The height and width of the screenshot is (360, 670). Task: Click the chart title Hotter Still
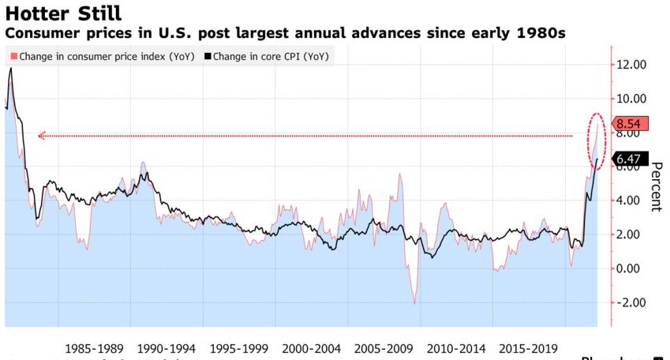(x=62, y=13)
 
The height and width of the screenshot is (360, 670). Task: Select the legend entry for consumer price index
(x=102, y=56)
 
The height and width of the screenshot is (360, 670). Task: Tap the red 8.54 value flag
(x=631, y=123)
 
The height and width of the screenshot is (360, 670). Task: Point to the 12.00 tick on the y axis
(x=631, y=64)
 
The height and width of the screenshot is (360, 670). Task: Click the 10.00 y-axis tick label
(x=631, y=98)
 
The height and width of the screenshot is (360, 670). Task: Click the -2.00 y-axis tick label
(x=629, y=302)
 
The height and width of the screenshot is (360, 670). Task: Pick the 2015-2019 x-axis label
(x=529, y=348)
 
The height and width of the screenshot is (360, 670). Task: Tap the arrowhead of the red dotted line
(x=41, y=136)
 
